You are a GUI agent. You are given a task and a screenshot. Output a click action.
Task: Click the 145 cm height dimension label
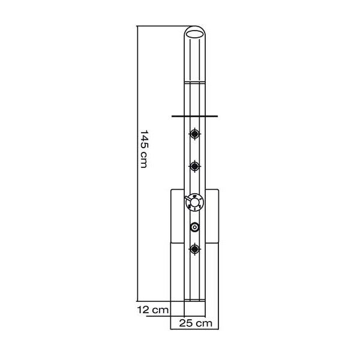click(144, 149)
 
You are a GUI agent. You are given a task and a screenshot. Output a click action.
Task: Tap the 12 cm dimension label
click(153, 310)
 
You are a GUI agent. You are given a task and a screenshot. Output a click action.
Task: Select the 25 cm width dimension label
click(196, 323)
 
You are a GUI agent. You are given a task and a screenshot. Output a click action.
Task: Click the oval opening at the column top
click(194, 34)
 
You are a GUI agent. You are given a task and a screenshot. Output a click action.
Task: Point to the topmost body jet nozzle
click(194, 134)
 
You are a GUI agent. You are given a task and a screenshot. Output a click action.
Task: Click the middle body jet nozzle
click(194, 166)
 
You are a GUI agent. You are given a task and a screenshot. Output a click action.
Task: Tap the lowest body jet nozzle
click(194, 248)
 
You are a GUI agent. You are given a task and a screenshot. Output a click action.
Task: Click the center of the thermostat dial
click(194, 202)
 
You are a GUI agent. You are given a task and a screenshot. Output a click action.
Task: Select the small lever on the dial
click(189, 199)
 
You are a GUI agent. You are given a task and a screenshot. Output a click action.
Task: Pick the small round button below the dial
click(194, 227)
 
